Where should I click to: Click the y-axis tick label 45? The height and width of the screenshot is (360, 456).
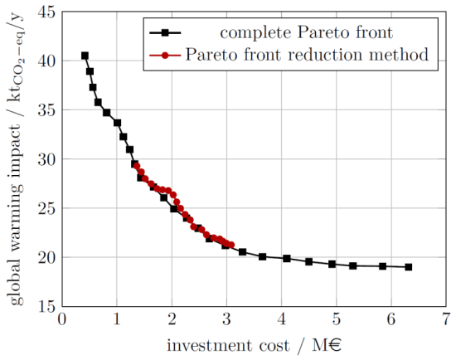click(x=45, y=12)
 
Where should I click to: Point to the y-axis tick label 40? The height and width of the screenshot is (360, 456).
click(x=45, y=61)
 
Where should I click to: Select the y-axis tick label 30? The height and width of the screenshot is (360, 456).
click(x=45, y=159)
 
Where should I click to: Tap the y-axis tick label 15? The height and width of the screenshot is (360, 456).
click(x=45, y=306)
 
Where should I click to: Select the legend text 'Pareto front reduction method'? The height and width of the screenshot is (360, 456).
click(x=306, y=55)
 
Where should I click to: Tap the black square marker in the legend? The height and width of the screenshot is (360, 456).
click(x=166, y=33)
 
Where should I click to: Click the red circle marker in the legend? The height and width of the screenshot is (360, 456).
click(x=166, y=55)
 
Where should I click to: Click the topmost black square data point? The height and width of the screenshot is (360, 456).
click(x=85, y=56)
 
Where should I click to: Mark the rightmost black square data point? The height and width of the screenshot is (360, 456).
click(x=409, y=267)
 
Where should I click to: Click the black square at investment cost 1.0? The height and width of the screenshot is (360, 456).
click(x=117, y=123)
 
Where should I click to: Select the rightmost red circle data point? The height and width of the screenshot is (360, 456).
click(x=231, y=245)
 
